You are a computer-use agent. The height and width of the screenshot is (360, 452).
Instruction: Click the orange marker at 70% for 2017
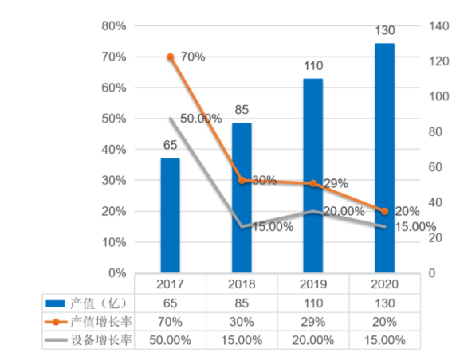pyautogui.click(x=170, y=57)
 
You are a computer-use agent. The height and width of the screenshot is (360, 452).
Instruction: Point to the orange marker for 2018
pyautogui.click(x=242, y=181)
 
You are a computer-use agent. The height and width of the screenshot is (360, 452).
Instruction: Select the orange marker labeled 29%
pyautogui.click(x=313, y=184)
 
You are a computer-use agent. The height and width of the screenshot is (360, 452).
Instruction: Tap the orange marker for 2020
pyautogui.click(x=385, y=211)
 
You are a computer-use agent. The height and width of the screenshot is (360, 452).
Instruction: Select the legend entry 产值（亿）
pyautogui.click(x=88, y=303)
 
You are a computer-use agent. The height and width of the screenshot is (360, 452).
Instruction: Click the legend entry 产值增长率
pyautogui.click(x=88, y=322)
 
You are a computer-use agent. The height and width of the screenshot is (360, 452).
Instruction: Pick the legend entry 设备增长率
pyautogui.click(x=88, y=340)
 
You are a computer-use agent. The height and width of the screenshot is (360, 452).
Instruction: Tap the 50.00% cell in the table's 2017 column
pyautogui.click(x=170, y=340)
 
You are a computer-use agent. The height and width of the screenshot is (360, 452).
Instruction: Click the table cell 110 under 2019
pyautogui.click(x=313, y=303)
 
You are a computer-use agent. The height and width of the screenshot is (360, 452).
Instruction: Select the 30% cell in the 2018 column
pyautogui.click(x=242, y=322)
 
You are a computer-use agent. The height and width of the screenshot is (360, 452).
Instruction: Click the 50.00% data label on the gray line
pyautogui.click(x=201, y=119)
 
